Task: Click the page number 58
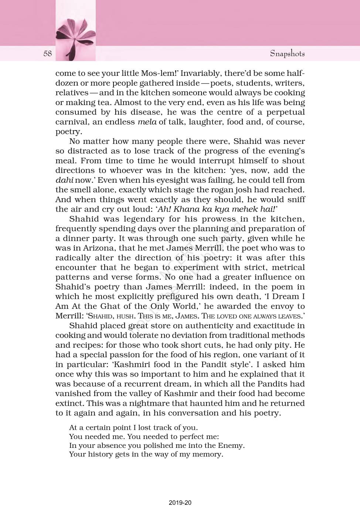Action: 48,54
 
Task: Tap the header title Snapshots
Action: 287,54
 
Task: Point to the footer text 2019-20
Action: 180,503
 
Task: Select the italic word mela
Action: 147,122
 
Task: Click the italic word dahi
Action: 64,180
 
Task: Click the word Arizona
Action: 98,248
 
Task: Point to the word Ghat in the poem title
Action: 110,306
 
